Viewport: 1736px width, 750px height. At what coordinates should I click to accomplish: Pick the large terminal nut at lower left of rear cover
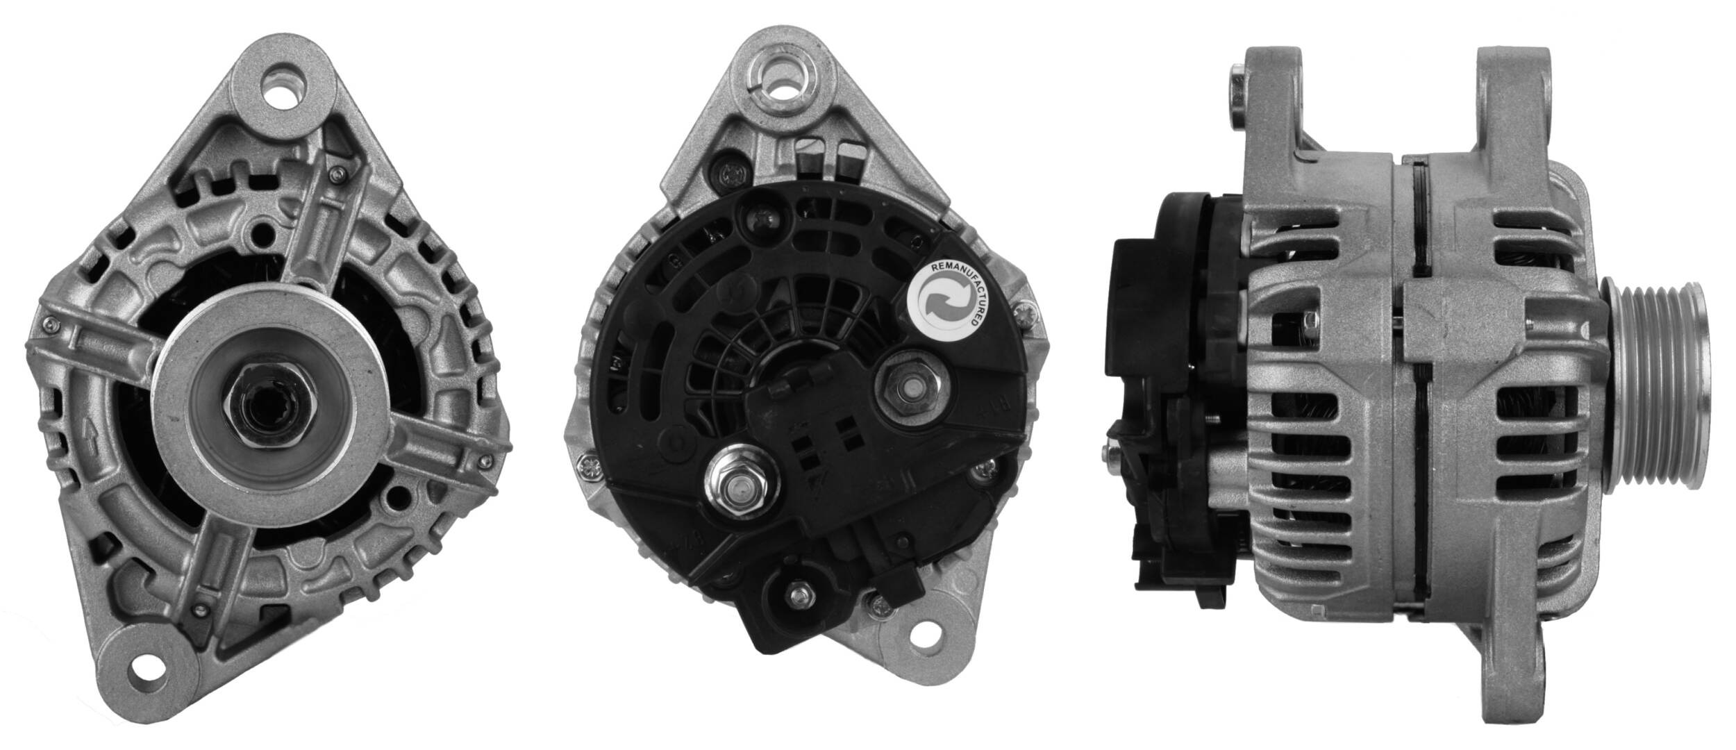(734, 483)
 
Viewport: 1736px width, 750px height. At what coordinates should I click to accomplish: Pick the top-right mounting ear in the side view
(1512, 104)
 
